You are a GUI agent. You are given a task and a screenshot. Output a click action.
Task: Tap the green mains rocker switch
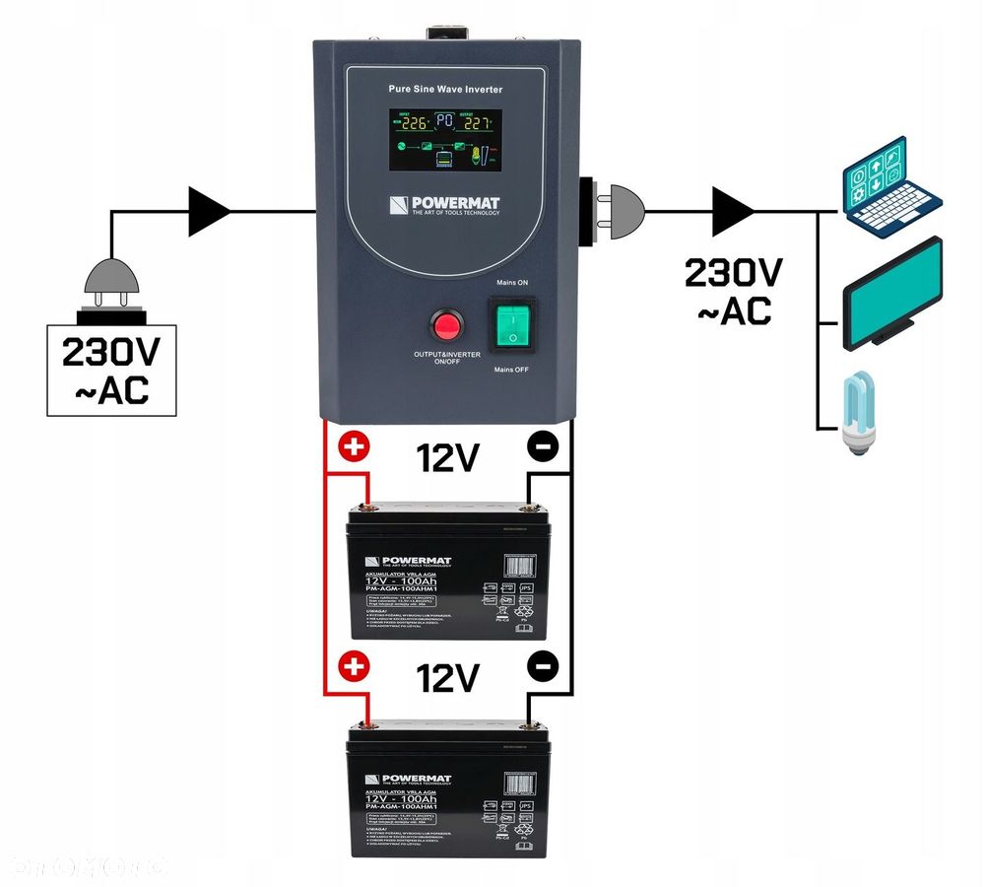pyautogui.click(x=511, y=325)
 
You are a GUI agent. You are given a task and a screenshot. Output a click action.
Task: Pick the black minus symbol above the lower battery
pyautogui.click(x=542, y=666)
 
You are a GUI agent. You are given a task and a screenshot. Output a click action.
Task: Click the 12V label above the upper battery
pyautogui.click(x=448, y=457)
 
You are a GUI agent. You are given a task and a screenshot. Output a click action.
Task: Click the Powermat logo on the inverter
pyautogui.click(x=443, y=206)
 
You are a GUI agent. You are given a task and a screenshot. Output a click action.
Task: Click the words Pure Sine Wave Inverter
pyautogui.click(x=445, y=89)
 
